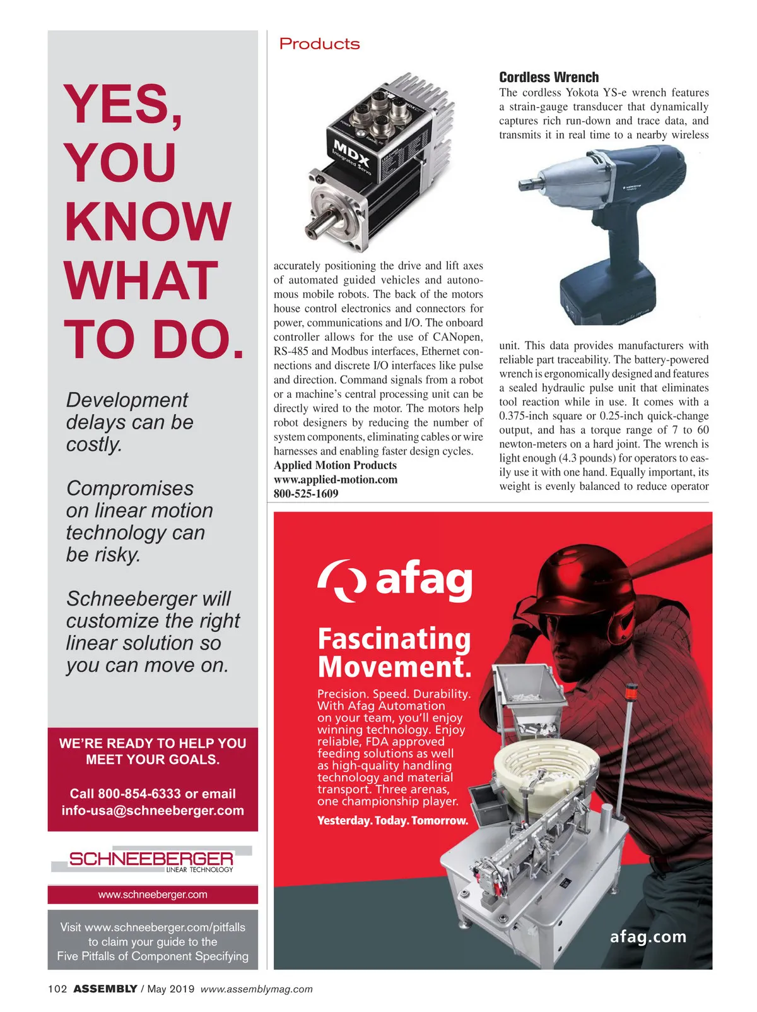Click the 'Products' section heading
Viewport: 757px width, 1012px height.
(319, 44)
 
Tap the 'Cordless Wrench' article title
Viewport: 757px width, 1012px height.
(549, 77)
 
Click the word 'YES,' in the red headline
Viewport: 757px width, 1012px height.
(124, 104)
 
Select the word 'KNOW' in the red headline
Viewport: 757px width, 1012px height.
(148, 222)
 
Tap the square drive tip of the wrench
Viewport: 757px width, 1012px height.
(525, 185)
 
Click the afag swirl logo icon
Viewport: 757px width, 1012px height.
(342, 580)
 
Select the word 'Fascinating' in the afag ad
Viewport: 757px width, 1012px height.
(394, 638)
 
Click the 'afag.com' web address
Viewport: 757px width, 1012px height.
(648, 936)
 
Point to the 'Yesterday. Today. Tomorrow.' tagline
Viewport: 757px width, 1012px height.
(392, 821)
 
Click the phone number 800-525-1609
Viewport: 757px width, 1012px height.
(306, 494)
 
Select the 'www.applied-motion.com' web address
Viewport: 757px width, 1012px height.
(336, 479)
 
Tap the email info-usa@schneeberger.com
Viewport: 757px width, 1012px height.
(153, 811)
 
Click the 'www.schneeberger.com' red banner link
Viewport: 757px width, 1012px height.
(153, 895)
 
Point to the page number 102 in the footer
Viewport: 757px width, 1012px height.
(57, 989)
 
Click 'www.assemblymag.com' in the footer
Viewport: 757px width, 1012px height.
(256, 989)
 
